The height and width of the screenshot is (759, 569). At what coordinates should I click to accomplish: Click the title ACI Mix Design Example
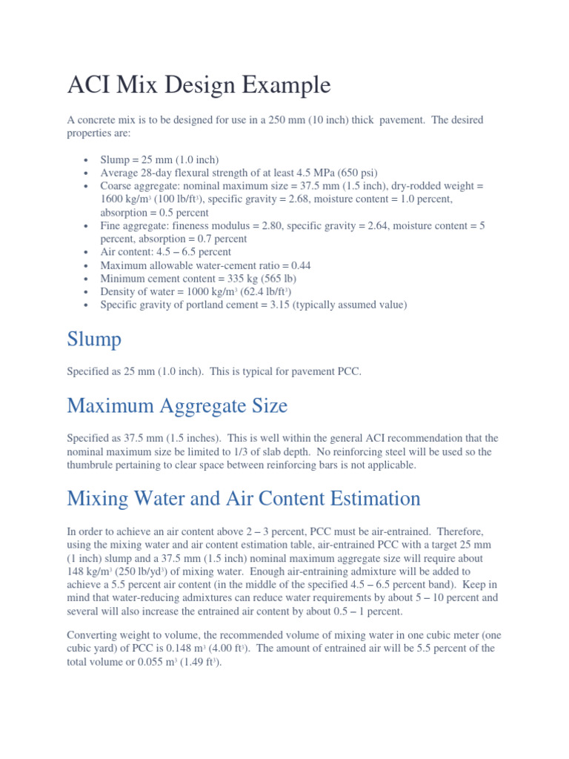pos(199,85)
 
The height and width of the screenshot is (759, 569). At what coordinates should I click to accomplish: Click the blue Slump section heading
pos(94,340)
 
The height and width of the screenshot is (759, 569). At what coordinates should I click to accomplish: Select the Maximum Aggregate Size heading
pos(177,405)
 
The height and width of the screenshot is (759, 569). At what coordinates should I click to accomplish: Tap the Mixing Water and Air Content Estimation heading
pos(244,497)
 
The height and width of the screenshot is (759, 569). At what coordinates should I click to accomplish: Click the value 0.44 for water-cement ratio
pos(303,265)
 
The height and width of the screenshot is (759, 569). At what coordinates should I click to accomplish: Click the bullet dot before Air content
pos(87,252)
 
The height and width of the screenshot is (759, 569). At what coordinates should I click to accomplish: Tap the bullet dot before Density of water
pos(87,292)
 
